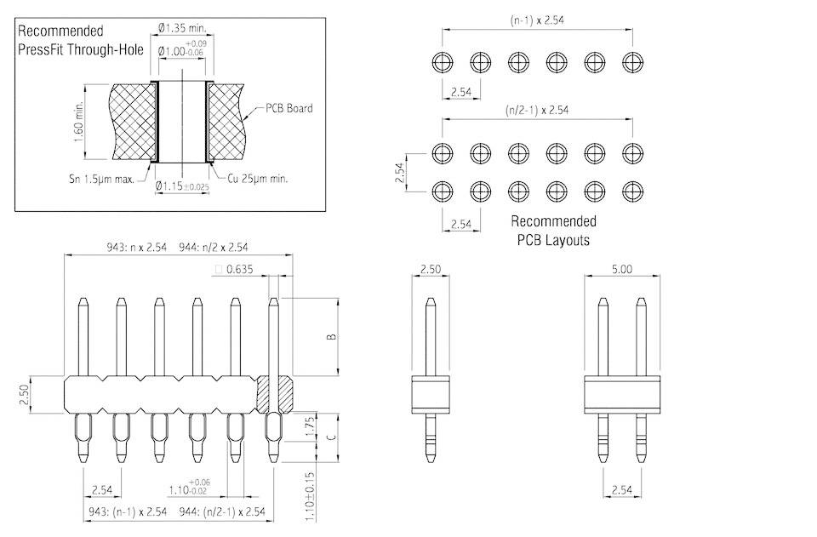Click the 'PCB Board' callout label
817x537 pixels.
[289, 108]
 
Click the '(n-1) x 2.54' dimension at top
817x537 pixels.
[536, 20]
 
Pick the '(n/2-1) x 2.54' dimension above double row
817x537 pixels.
[536, 110]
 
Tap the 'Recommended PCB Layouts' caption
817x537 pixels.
[552, 231]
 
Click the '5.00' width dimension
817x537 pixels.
[622, 269]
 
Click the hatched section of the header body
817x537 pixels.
[276, 392]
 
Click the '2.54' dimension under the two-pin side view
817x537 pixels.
[622, 491]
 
